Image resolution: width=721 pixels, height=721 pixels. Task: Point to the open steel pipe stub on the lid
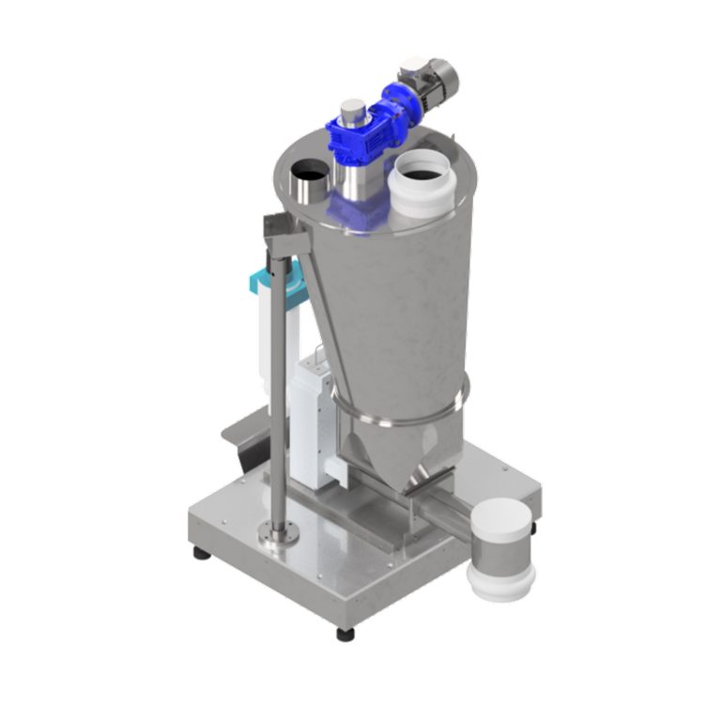tap(307, 182)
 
